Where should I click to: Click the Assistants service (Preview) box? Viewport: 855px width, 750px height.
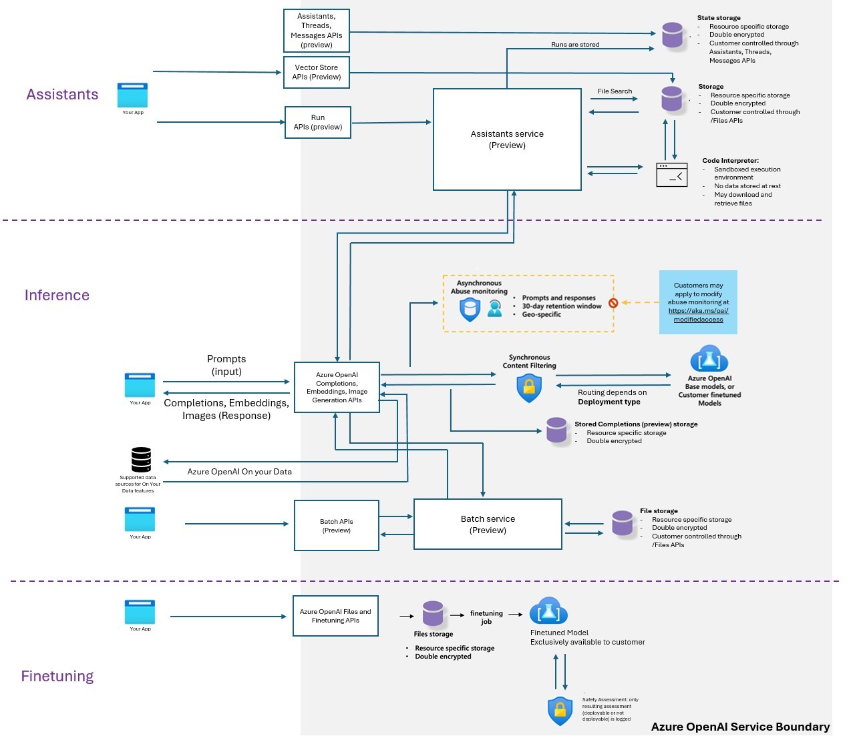coord(507,139)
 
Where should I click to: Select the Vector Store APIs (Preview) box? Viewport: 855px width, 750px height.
coord(317,72)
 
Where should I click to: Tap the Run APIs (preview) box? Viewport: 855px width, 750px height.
coord(318,122)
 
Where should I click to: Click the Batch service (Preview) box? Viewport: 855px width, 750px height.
coord(488,524)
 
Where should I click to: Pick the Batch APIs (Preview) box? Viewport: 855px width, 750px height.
coord(337,526)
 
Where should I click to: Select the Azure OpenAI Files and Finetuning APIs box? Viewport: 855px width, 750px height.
coord(335,616)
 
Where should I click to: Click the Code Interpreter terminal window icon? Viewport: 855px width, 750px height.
coord(672,175)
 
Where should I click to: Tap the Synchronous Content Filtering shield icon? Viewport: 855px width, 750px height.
coord(529,388)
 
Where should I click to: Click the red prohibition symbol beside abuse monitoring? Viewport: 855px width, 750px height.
coord(613,303)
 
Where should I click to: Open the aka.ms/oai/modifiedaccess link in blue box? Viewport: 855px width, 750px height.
coord(698,315)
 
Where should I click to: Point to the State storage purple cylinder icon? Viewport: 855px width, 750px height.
coord(673,35)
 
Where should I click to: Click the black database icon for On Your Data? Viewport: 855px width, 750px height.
coord(141,460)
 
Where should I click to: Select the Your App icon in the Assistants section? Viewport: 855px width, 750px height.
coord(132,95)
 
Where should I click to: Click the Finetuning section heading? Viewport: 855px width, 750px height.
coord(57,676)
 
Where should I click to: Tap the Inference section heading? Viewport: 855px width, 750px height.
coord(57,295)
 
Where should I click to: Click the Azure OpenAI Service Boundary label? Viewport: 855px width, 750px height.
coord(740,727)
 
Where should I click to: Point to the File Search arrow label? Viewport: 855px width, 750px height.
coord(615,91)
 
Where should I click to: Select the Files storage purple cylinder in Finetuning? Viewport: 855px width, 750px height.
coord(433,614)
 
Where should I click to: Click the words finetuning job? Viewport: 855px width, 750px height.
coord(486,617)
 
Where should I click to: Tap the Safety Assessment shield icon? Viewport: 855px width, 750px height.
coord(560,711)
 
